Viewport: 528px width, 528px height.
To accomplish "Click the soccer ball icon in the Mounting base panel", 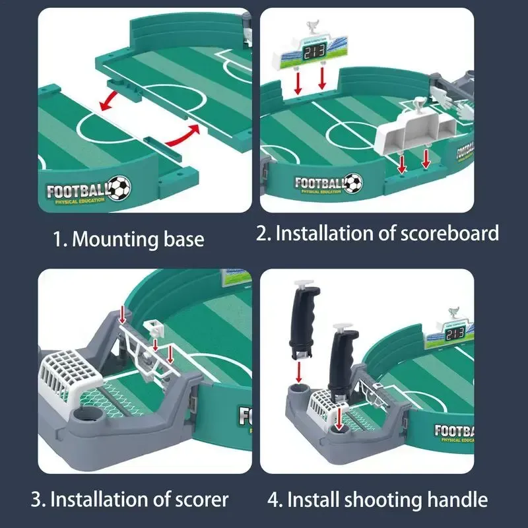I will pyautogui.click(x=119, y=188).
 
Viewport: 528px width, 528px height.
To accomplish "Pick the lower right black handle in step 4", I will pyautogui.click(x=344, y=363).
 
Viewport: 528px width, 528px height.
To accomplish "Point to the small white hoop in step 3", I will pyautogui.click(x=154, y=325).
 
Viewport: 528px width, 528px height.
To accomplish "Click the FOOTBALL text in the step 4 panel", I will pyautogui.click(x=454, y=432).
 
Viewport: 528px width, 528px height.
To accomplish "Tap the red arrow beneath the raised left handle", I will pyautogui.click(x=298, y=371).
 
